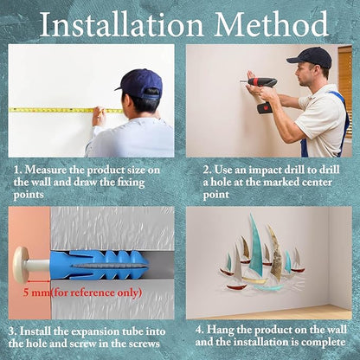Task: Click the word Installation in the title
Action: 122,24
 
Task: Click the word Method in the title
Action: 272,24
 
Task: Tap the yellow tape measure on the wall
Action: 66,110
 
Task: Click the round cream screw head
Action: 20,265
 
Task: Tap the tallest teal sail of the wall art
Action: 255,244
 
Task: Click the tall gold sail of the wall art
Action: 275,253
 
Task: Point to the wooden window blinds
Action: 345,84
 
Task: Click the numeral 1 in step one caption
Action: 17,170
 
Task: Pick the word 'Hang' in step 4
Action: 221,331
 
